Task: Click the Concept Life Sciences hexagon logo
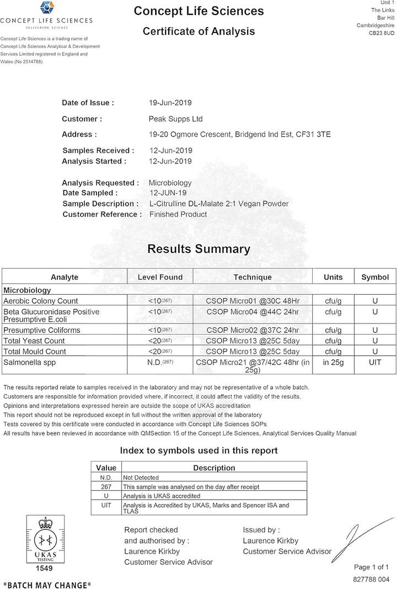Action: tap(46, 9)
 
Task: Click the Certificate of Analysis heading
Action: tap(198, 31)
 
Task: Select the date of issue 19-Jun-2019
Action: tap(170, 103)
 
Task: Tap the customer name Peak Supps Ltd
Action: tap(176, 119)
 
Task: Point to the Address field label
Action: tap(79, 134)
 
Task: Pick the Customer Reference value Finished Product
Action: tap(178, 214)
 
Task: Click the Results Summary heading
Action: tap(198, 249)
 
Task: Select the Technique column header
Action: tap(252, 277)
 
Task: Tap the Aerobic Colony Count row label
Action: tap(41, 301)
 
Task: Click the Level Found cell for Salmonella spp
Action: tap(160, 363)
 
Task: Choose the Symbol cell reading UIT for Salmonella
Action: tap(374, 363)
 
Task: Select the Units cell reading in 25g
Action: tap(333, 363)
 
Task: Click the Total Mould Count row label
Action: tap(35, 351)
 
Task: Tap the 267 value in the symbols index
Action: tap(106, 487)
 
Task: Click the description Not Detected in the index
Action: tap(141, 477)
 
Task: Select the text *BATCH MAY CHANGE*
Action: tap(47, 584)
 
